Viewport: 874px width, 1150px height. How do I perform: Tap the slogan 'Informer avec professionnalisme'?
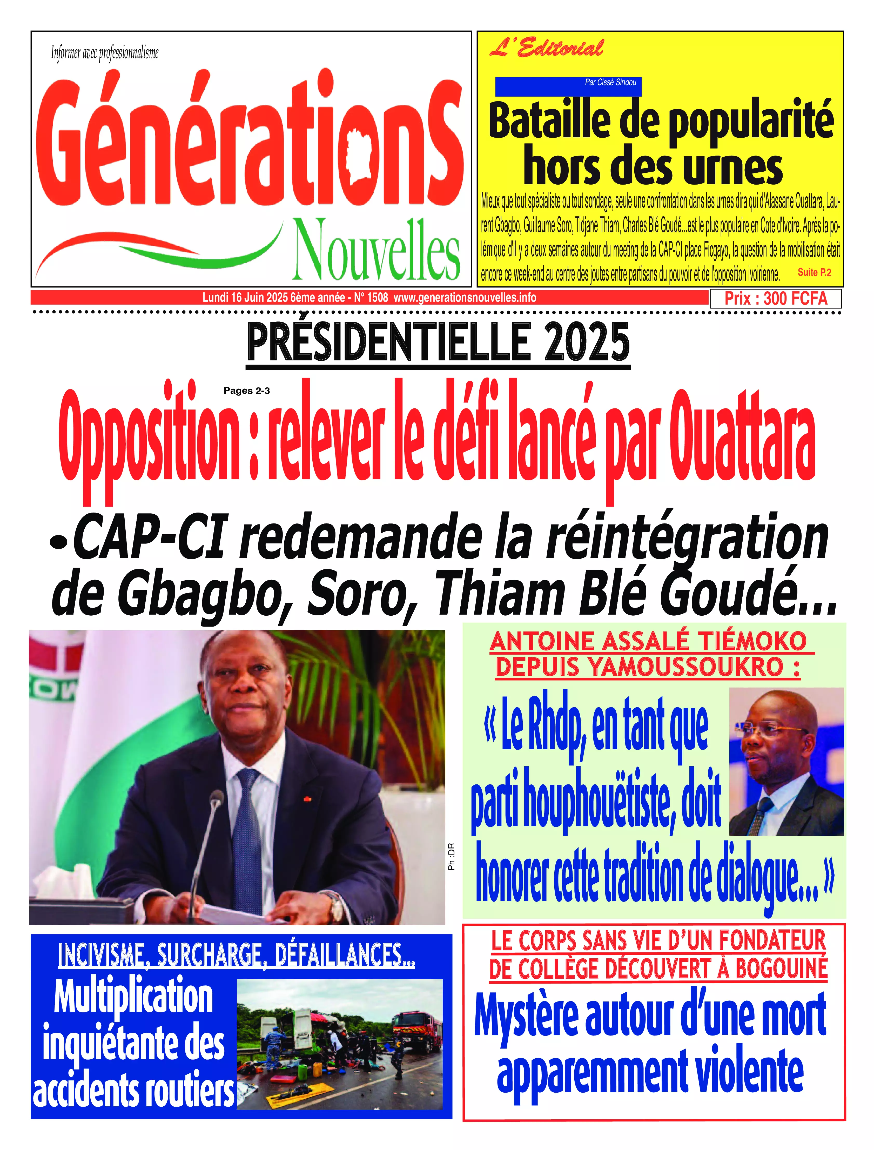coord(105,52)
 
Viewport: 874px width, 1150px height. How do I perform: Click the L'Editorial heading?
coord(546,48)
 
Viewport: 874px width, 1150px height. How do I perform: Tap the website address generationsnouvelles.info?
coord(465,298)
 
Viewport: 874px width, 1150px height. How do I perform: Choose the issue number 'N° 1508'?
coord(371,298)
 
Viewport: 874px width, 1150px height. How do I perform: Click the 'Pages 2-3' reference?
coord(247,391)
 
